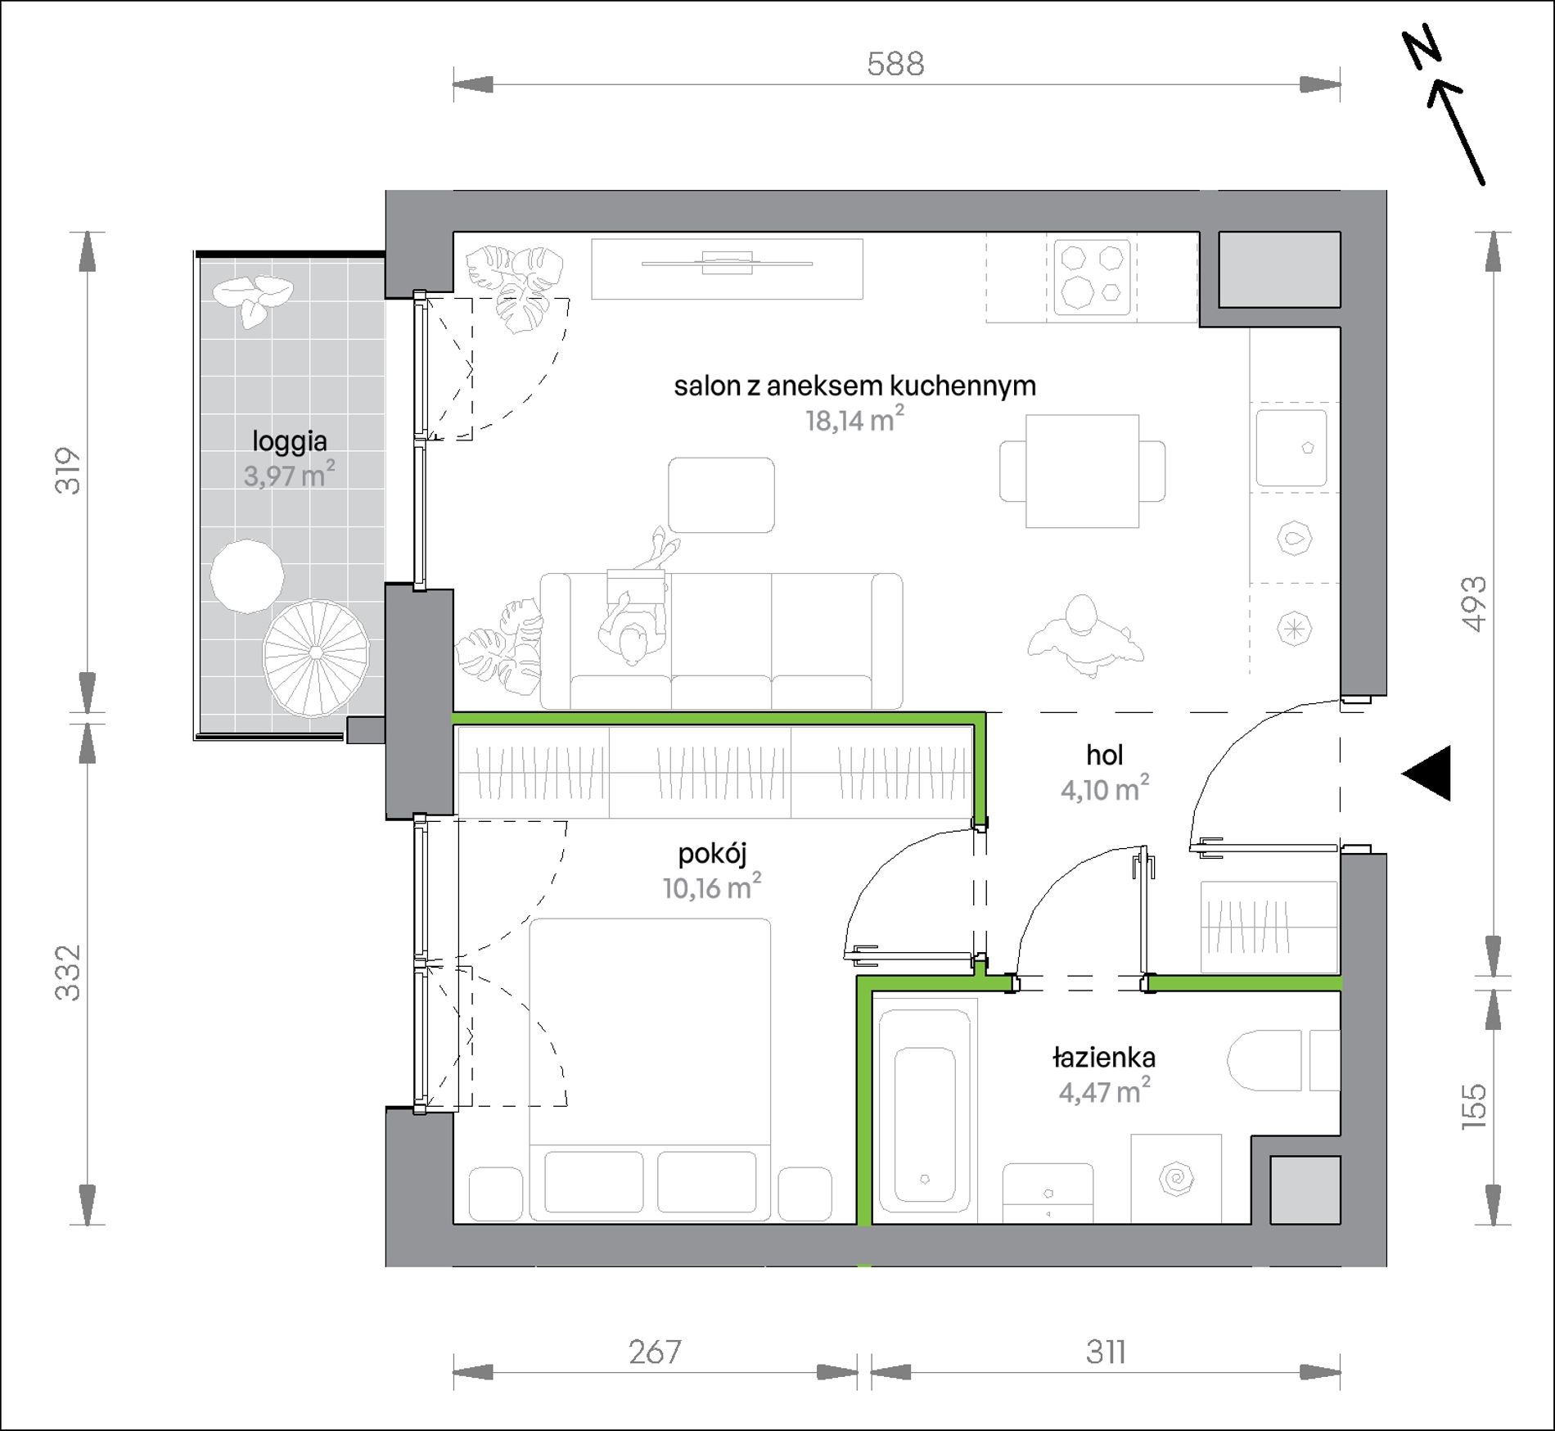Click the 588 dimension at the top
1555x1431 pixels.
point(895,64)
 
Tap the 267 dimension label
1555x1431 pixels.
point(656,1352)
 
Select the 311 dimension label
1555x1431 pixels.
point(1106,1352)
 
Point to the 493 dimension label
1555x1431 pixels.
point(1474,604)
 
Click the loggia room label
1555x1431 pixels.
point(290,442)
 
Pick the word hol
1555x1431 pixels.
point(1105,755)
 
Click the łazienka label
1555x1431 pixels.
point(1104,1058)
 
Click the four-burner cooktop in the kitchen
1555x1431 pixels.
point(1093,277)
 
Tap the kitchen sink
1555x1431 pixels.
point(1291,448)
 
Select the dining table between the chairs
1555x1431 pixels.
point(1082,471)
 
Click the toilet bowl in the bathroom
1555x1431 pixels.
point(1264,1060)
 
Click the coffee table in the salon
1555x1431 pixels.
point(721,495)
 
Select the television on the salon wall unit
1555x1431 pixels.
point(728,264)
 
